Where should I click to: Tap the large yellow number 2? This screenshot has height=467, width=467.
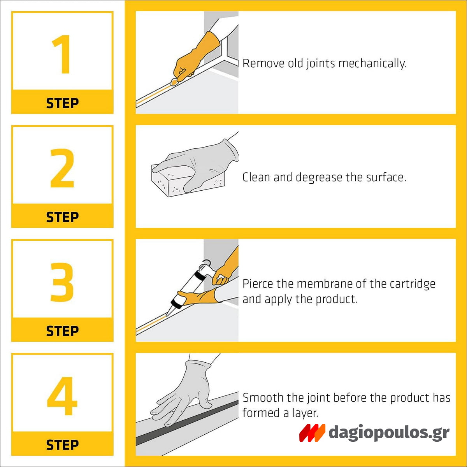pos(62,168)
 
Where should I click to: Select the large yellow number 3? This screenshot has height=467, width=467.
pos(62,282)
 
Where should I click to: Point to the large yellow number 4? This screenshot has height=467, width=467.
pos(62,396)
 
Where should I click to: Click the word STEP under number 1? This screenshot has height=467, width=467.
pos(63,103)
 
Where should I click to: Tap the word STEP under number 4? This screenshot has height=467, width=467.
pos(63,445)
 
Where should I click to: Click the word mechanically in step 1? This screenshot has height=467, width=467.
pos(372,64)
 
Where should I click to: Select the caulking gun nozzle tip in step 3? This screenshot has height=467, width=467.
pos(167,316)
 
